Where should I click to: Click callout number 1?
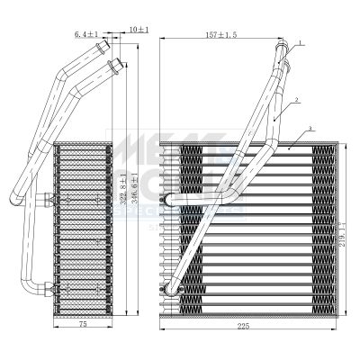pos(301,42)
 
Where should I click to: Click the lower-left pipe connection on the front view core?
pos(166,289)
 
